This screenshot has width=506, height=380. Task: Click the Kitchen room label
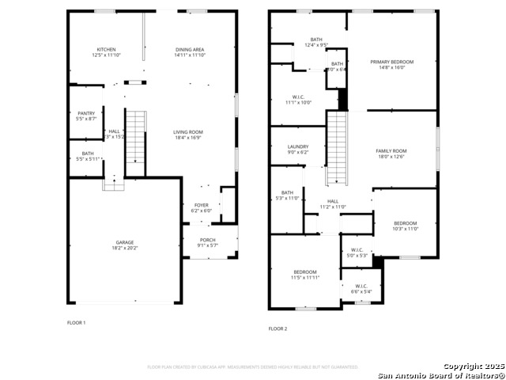[x=106, y=49]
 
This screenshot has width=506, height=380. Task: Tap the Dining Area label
[x=190, y=49]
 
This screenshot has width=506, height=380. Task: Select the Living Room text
[x=189, y=132]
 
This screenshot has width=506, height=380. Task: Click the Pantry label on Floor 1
[x=86, y=113]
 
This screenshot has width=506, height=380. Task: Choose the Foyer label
[x=202, y=205]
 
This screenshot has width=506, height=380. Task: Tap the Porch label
[x=207, y=240]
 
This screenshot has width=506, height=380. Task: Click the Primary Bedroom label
[x=392, y=62]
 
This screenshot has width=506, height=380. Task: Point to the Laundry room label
[x=298, y=146]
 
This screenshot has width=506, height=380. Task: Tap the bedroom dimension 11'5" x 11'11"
[x=305, y=279]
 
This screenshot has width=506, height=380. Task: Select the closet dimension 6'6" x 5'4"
[x=361, y=292]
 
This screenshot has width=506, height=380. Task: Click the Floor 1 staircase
[x=136, y=142]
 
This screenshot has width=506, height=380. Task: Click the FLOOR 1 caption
[x=77, y=322]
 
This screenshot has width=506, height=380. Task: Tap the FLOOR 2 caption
[x=278, y=328]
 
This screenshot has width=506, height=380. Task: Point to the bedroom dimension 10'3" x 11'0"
[x=406, y=229]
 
